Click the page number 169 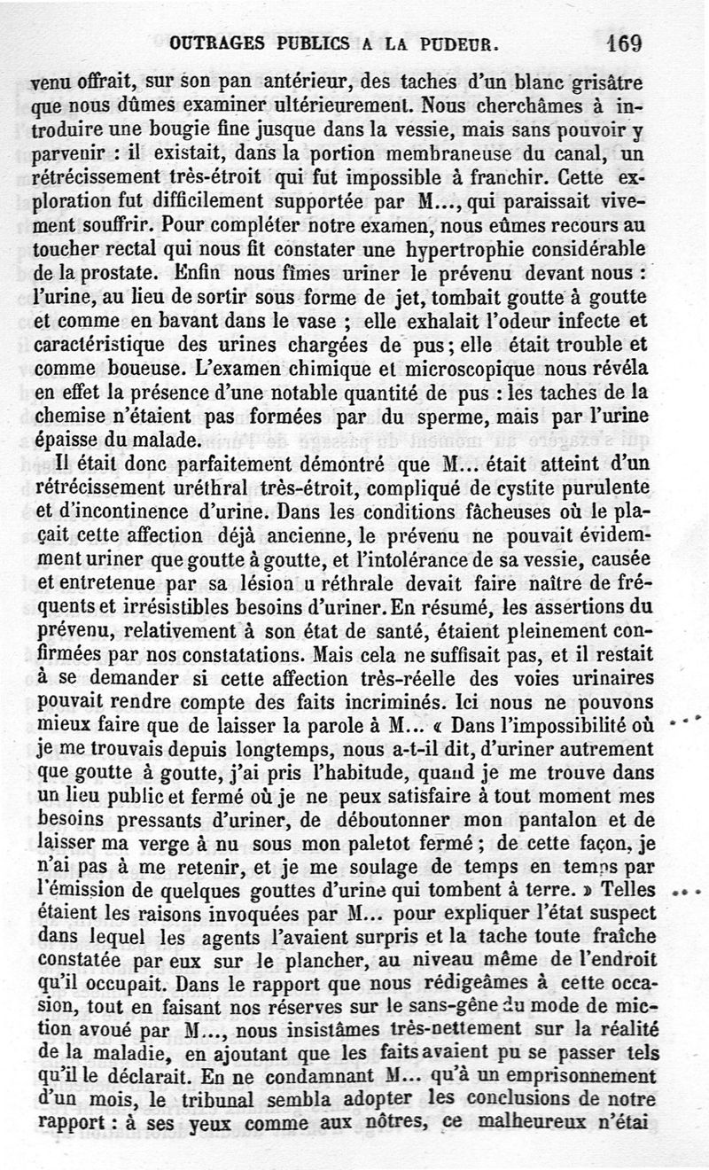pos(624,42)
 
